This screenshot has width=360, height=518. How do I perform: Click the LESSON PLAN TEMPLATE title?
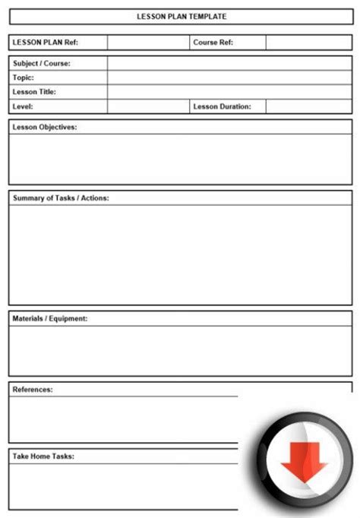182,16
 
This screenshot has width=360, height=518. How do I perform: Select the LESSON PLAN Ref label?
46,43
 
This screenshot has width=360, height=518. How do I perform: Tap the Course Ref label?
213,43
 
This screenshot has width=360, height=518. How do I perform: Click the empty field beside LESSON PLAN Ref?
148,43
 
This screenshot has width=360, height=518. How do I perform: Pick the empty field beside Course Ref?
308,43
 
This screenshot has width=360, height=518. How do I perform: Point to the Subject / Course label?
42,63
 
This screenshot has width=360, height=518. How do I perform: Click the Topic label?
24,77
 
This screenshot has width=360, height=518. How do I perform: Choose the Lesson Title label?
35,92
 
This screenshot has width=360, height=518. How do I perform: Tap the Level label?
23,106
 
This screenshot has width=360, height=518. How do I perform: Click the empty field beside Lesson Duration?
308,106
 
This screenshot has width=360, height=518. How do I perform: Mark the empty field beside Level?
148,106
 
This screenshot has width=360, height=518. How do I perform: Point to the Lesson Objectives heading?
45,127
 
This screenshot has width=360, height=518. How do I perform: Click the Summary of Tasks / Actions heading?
61,197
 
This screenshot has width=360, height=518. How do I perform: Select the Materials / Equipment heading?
50,318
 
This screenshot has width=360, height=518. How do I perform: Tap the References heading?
33,389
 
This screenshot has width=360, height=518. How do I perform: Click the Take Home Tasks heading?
43,456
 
